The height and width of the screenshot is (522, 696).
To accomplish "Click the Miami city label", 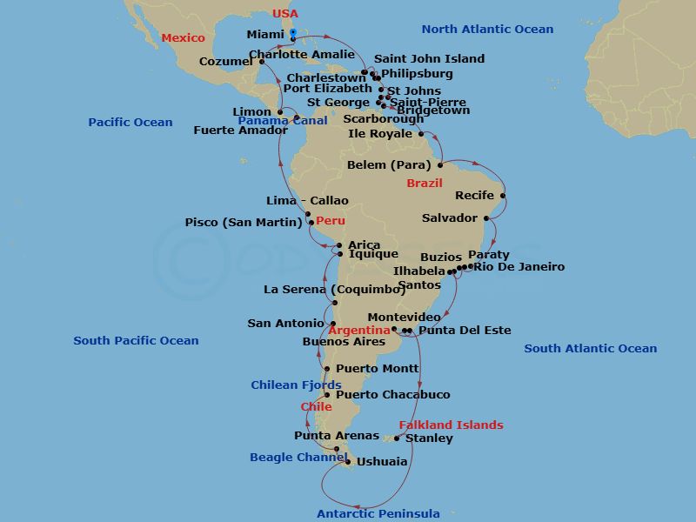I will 265,35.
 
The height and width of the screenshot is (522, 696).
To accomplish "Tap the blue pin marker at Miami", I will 293,34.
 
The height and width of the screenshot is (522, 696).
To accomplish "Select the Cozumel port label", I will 225,62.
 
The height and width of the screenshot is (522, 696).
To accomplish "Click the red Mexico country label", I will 184,38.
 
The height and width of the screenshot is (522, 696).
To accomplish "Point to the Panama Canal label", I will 271,120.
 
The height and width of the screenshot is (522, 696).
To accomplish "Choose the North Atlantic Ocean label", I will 487,30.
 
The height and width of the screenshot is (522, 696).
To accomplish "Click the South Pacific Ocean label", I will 136,341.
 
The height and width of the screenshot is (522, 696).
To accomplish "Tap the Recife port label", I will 474,196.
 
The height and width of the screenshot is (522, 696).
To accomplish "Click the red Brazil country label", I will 425,184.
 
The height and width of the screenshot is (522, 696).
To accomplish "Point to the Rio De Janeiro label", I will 519,267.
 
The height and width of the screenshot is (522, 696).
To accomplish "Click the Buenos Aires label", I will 344,342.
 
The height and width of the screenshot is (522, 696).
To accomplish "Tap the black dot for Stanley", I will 397,438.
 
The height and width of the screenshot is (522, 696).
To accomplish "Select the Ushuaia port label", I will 383,462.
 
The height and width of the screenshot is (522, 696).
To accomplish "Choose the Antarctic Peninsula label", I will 378,513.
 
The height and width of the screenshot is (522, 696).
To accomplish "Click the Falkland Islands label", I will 451,425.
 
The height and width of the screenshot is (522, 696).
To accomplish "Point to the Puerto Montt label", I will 377,369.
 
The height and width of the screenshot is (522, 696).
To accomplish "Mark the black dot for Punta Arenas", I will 337,449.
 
